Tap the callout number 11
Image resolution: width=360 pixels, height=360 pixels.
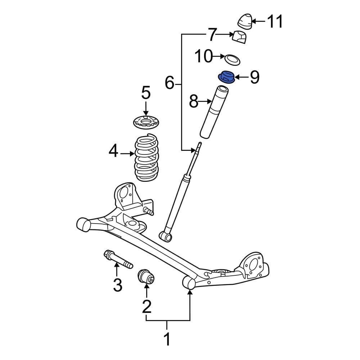pyautogui.click(x=274, y=22)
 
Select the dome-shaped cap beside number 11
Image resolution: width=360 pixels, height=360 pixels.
pyautogui.click(x=245, y=22)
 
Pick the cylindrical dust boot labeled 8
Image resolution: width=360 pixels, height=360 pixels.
pyautogui.click(x=215, y=112)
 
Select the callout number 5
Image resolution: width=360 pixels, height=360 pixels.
pyautogui.click(x=145, y=93)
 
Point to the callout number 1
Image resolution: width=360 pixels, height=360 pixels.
pyautogui.click(x=167, y=339)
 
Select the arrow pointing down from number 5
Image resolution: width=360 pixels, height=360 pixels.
pyautogui.click(x=145, y=108)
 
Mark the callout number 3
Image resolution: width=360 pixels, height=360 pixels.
pyautogui.click(x=118, y=285)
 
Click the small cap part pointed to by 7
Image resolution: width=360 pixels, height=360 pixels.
pyautogui.click(x=239, y=37)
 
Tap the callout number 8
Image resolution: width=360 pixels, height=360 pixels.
pyautogui.click(x=194, y=102)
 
